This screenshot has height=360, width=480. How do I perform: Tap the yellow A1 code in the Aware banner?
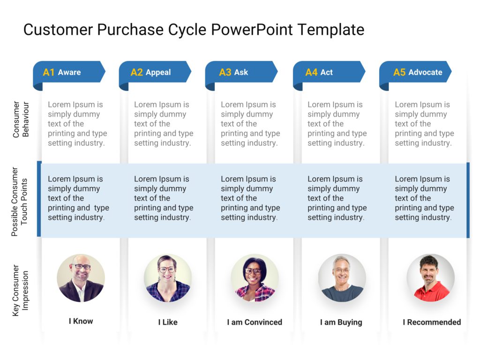[49, 72]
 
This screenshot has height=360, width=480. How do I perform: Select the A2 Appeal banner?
[155, 72]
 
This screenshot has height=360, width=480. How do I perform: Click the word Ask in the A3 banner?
[241, 72]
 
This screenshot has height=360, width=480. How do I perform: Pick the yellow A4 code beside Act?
[311, 72]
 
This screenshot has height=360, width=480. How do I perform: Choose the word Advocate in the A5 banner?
[425, 72]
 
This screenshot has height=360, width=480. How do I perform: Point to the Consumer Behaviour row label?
[21, 119]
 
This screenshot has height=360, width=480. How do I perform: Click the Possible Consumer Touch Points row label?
[21, 202]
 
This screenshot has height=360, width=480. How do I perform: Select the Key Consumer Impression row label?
[21, 291]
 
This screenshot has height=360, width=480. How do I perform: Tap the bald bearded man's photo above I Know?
[81, 278]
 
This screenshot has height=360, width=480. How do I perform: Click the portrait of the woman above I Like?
[167, 278]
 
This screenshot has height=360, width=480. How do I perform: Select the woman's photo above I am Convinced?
[255, 278]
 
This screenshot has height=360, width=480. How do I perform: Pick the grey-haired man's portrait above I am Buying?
[342, 278]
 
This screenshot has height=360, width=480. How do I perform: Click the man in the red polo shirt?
[430, 278]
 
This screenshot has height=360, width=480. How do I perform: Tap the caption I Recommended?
[432, 322]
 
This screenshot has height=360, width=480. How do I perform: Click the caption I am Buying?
[341, 322]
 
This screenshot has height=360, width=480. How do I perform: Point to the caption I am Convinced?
[255, 322]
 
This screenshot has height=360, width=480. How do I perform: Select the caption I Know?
[81, 321]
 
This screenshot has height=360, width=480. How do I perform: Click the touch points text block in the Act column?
[337, 198]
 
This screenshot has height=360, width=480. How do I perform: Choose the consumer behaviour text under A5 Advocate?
[424, 124]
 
